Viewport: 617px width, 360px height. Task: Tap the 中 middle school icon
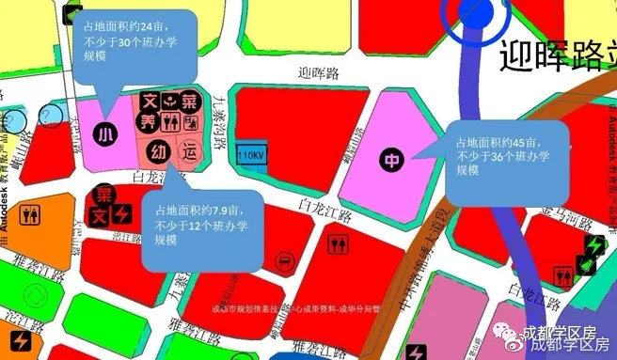(x=391, y=161)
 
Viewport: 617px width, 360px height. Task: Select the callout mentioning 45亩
(x=507, y=161)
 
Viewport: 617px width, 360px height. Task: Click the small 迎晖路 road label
(x=316, y=71)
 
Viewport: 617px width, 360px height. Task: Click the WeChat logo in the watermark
(x=510, y=334)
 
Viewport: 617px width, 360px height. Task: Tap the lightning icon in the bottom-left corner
(x=20, y=339)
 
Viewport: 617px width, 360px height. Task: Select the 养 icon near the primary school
(x=148, y=121)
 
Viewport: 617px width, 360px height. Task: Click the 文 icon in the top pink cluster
(x=149, y=101)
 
